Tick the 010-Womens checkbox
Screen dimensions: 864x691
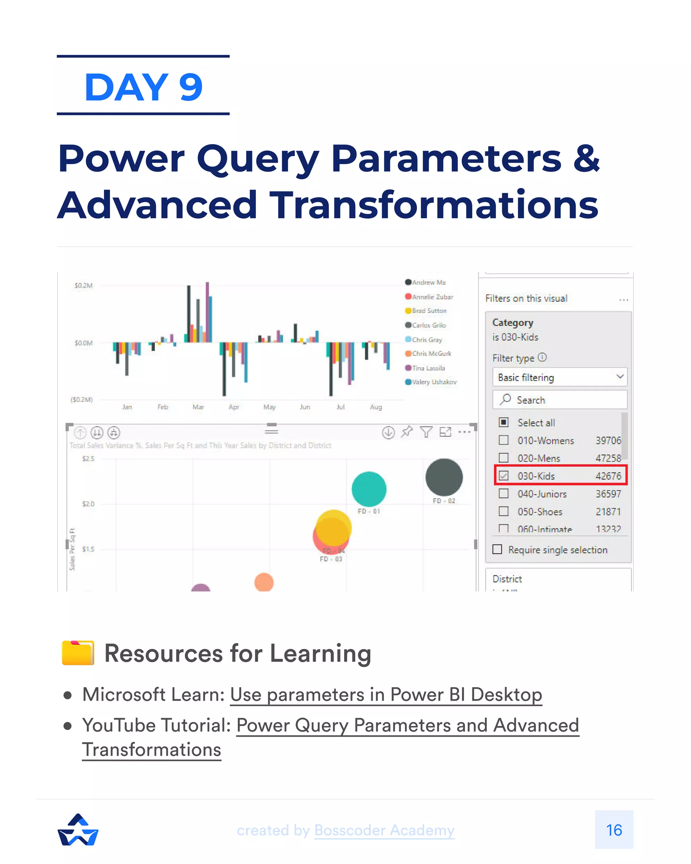click(x=503, y=440)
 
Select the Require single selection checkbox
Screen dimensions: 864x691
click(x=497, y=549)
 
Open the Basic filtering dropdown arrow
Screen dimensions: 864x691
click(x=620, y=376)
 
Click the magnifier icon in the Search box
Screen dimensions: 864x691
click(x=505, y=399)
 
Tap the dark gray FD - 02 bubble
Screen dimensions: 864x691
click(x=444, y=477)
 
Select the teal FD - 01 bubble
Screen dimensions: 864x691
click(x=369, y=489)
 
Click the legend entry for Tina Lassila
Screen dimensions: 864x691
click(x=428, y=368)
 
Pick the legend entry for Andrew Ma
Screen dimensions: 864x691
click(x=429, y=282)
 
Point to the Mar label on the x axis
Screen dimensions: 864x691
click(x=198, y=407)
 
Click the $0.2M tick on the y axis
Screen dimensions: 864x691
click(x=83, y=285)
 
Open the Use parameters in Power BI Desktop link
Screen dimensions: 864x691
click(x=386, y=695)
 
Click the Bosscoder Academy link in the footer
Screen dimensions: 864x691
click(x=384, y=830)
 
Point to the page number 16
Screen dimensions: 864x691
click(x=614, y=830)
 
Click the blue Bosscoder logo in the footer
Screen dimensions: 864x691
click(x=78, y=830)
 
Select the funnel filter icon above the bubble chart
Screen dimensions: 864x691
click(x=426, y=432)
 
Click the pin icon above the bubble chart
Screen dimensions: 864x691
click(x=407, y=432)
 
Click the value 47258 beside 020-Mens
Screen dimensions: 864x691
click(x=608, y=458)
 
